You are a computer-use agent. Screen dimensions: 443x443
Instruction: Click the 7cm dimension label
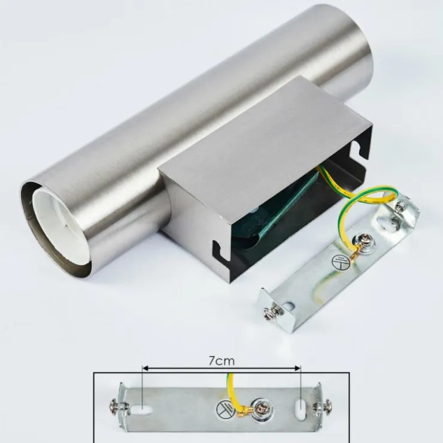coord(221,361)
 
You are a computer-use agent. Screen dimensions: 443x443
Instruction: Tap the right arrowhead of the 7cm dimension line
coord(298,368)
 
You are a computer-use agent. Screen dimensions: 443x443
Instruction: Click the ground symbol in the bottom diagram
coord(224,409)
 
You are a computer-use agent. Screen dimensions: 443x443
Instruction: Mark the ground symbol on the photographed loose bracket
coord(341,262)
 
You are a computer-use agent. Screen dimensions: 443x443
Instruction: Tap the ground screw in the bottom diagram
coord(262,408)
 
